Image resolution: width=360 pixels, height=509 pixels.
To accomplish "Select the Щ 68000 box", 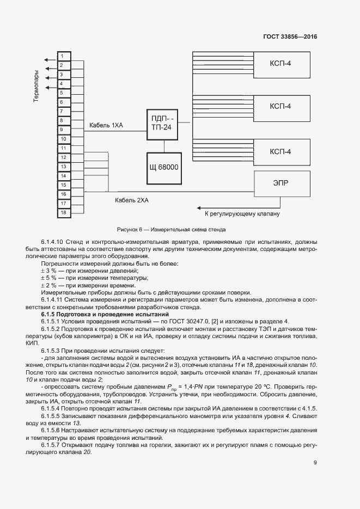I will pos(164,165).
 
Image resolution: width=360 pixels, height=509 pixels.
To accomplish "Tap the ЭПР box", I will pos(280,183).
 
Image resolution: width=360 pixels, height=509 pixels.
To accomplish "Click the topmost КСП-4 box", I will pos(280,64).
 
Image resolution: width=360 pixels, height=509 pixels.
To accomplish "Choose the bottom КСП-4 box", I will pos(280,151).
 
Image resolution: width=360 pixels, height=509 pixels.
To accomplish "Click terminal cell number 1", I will pos(63,56).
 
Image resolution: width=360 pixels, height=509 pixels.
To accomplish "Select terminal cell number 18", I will pos(63,212).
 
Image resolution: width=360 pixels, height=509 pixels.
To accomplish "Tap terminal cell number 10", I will pos(63,139).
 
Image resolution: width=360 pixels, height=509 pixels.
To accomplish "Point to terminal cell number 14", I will pos(63,176).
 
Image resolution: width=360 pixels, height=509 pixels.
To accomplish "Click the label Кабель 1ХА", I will pos(106,126).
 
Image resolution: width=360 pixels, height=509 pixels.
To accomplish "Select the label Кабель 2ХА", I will pos(131,200).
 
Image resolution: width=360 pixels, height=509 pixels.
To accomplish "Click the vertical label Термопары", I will pos(36,86).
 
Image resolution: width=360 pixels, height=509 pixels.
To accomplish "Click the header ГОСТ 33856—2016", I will pos(290,37).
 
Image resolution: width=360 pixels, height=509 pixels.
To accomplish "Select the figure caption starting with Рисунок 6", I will pos(171,229).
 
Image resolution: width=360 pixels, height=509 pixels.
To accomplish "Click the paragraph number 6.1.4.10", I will pos(52,241).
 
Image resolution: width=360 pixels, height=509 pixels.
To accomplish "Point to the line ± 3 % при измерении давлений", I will pos(89,271).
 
